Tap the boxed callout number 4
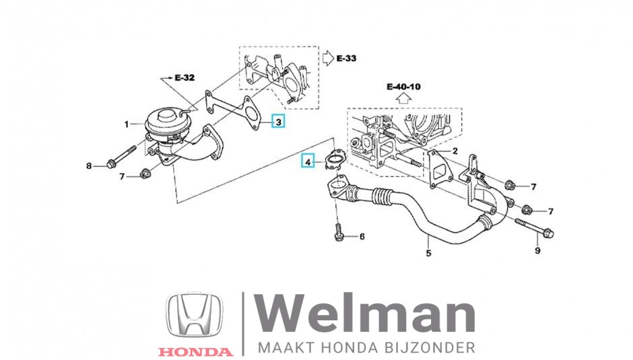(x=308, y=162)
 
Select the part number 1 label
(x=126, y=124)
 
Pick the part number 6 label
(x=362, y=236)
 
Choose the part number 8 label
(x=88, y=166)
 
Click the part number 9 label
(x=537, y=251)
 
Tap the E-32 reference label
(x=184, y=78)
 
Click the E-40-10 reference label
(x=403, y=86)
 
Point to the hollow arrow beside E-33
(x=326, y=59)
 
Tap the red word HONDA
(x=195, y=351)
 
